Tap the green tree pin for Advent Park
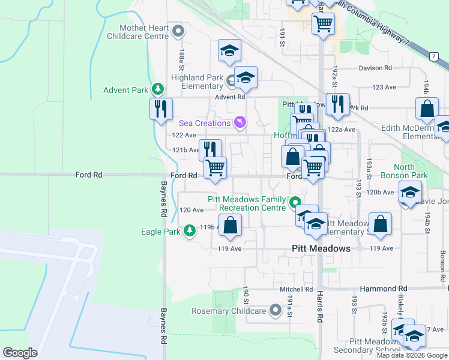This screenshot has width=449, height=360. (158, 90)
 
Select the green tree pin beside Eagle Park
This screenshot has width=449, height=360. (190, 231)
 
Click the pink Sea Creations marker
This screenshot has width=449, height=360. (240, 123)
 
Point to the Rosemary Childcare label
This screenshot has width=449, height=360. (228, 311)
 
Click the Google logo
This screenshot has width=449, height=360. (20, 353)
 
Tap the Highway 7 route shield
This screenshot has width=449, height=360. (433, 56)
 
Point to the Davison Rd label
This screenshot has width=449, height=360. (375, 68)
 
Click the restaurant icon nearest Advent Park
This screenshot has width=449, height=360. (161, 109)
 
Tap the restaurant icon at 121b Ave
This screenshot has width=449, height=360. (210, 149)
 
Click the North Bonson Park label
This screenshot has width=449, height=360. (411, 171)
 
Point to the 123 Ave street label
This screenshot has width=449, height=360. (384, 87)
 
